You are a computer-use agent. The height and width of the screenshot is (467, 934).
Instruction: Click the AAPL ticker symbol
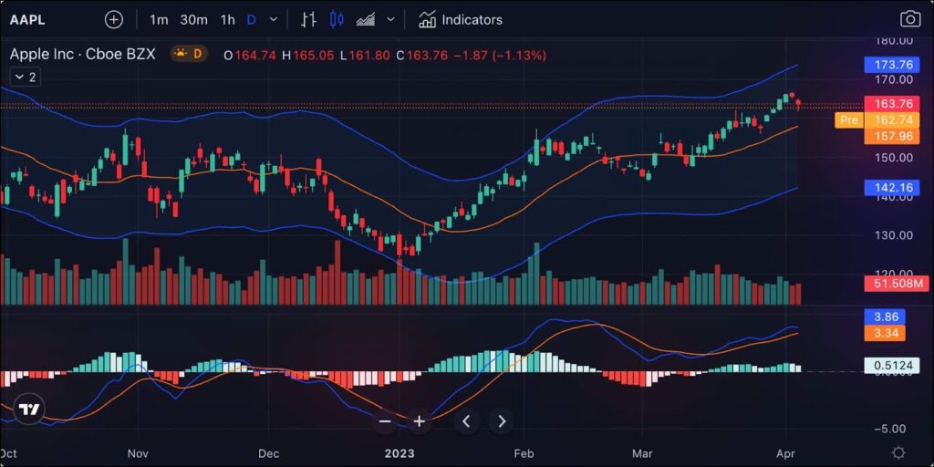27,19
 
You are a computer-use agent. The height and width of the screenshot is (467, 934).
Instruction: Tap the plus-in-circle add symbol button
113,19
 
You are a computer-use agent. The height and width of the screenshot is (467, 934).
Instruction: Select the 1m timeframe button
159,19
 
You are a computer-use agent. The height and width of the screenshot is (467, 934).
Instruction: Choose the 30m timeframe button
193,19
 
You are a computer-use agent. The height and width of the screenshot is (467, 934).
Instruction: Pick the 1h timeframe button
228,19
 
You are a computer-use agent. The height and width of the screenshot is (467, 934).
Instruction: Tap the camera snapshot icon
909,19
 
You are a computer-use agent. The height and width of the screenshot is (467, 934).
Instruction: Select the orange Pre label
848,119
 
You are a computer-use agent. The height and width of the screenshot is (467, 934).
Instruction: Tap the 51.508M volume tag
896,285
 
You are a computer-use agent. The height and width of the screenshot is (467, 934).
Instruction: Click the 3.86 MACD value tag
887,316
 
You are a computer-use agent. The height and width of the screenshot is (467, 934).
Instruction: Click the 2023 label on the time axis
400,452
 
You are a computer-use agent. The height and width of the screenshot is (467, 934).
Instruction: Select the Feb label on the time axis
524,452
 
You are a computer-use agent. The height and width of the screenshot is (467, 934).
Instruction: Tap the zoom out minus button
385,421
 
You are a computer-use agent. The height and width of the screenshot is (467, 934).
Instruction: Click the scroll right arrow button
501,421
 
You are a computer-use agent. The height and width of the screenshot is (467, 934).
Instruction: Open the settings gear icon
898,452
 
